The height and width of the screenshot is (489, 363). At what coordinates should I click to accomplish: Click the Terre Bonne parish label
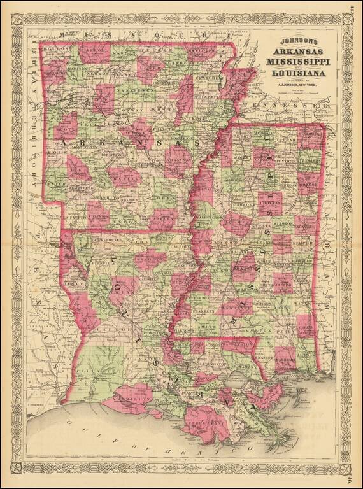pos(208,423)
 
